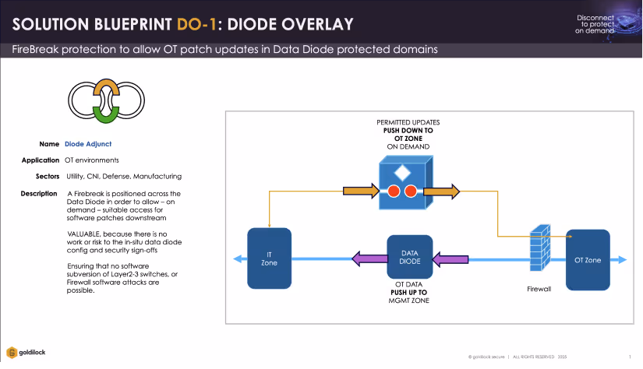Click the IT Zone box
268,258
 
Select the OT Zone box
588,259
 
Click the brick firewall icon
539,248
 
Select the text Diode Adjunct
88,144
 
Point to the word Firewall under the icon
539,288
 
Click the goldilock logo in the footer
27,352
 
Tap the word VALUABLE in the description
86,234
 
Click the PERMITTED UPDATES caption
409,123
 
